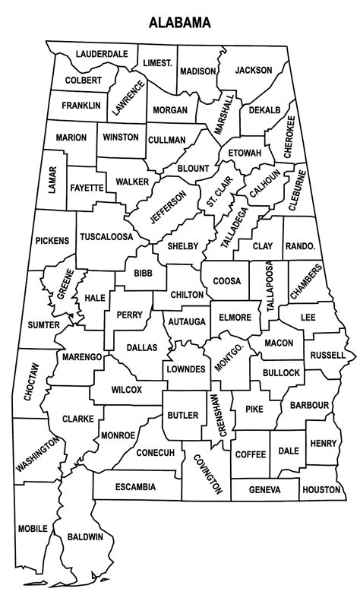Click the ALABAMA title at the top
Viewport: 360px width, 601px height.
(179, 23)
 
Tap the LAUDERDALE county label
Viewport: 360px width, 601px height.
(101, 55)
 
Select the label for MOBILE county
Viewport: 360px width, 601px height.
(32, 527)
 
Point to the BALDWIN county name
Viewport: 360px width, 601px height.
(85, 537)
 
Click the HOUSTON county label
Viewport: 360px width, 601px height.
(321, 490)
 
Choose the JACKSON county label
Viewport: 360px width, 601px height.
(253, 70)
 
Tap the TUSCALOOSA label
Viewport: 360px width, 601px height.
(106, 236)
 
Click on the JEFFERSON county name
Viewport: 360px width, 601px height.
(168, 207)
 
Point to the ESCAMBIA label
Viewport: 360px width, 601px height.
(137, 486)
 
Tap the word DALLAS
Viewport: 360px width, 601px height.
(141, 347)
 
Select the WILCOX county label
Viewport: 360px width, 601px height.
(125, 390)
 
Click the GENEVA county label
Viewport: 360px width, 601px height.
(264, 490)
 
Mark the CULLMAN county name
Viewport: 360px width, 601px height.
(166, 140)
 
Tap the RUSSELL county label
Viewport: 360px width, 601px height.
(327, 355)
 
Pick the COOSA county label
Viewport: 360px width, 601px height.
(226, 281)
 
